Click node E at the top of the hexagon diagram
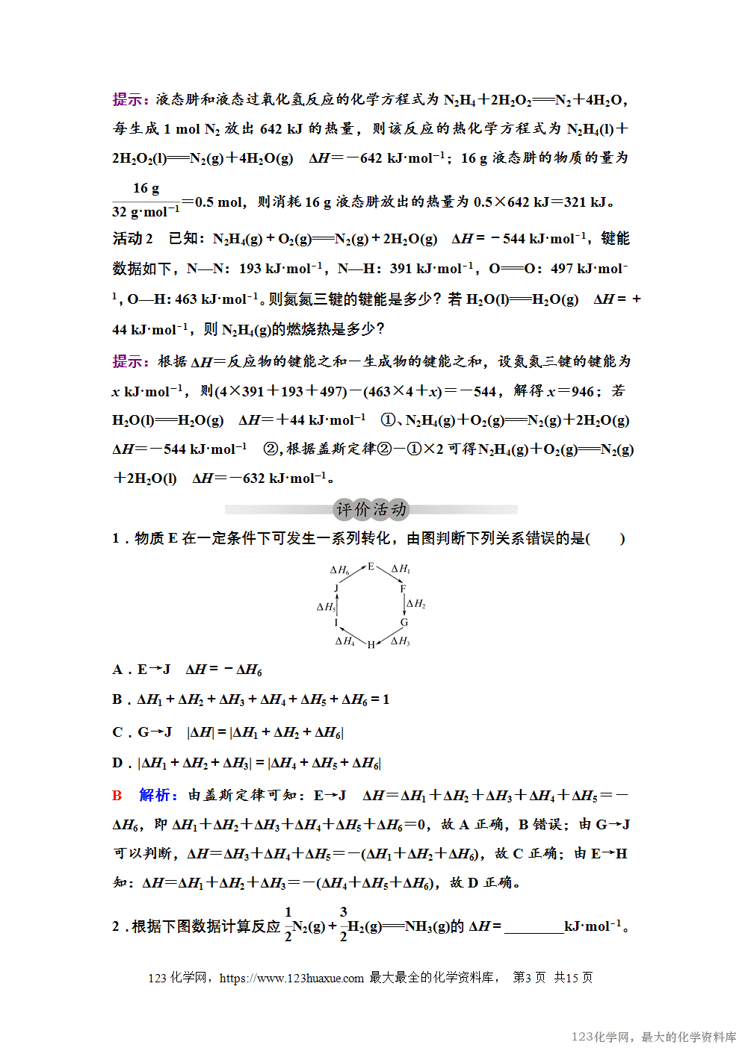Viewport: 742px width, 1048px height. point(371,567)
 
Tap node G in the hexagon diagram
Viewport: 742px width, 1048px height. point(404,622)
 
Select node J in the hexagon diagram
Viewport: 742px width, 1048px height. point(336,588)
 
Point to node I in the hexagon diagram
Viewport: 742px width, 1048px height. point(336,622)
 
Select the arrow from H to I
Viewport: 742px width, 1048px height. point(352,637)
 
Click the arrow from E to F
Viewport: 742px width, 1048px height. point(388,576)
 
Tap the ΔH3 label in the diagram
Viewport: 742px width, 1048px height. point(401,640)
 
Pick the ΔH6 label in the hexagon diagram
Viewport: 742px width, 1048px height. point(339,570)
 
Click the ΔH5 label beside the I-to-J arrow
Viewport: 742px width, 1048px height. point(326,607)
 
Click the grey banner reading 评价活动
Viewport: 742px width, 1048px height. point(371,510)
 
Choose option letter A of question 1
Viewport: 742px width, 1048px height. point(117,670)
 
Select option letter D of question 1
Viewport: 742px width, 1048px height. point(117,763)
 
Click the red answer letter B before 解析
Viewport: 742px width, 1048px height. point(117,796)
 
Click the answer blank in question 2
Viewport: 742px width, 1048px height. point(534,927)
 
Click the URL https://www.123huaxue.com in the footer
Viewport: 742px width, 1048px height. point(291,978)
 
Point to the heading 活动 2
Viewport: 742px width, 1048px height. point(132,239)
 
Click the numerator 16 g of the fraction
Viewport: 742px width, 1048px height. point(146,188)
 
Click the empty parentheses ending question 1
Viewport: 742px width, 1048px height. point(606,539)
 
